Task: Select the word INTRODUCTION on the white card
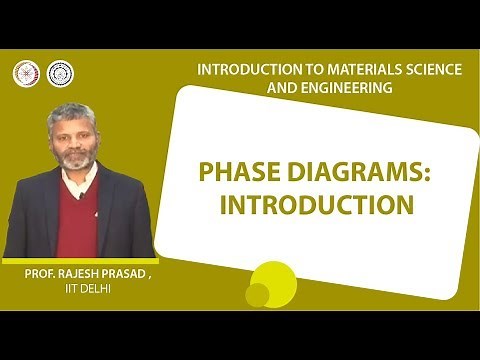click(316, 205)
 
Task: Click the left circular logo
click(24, 73)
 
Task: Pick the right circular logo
click(60, 73)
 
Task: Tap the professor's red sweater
click(74, 220)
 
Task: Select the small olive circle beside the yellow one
click(257, 295)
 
